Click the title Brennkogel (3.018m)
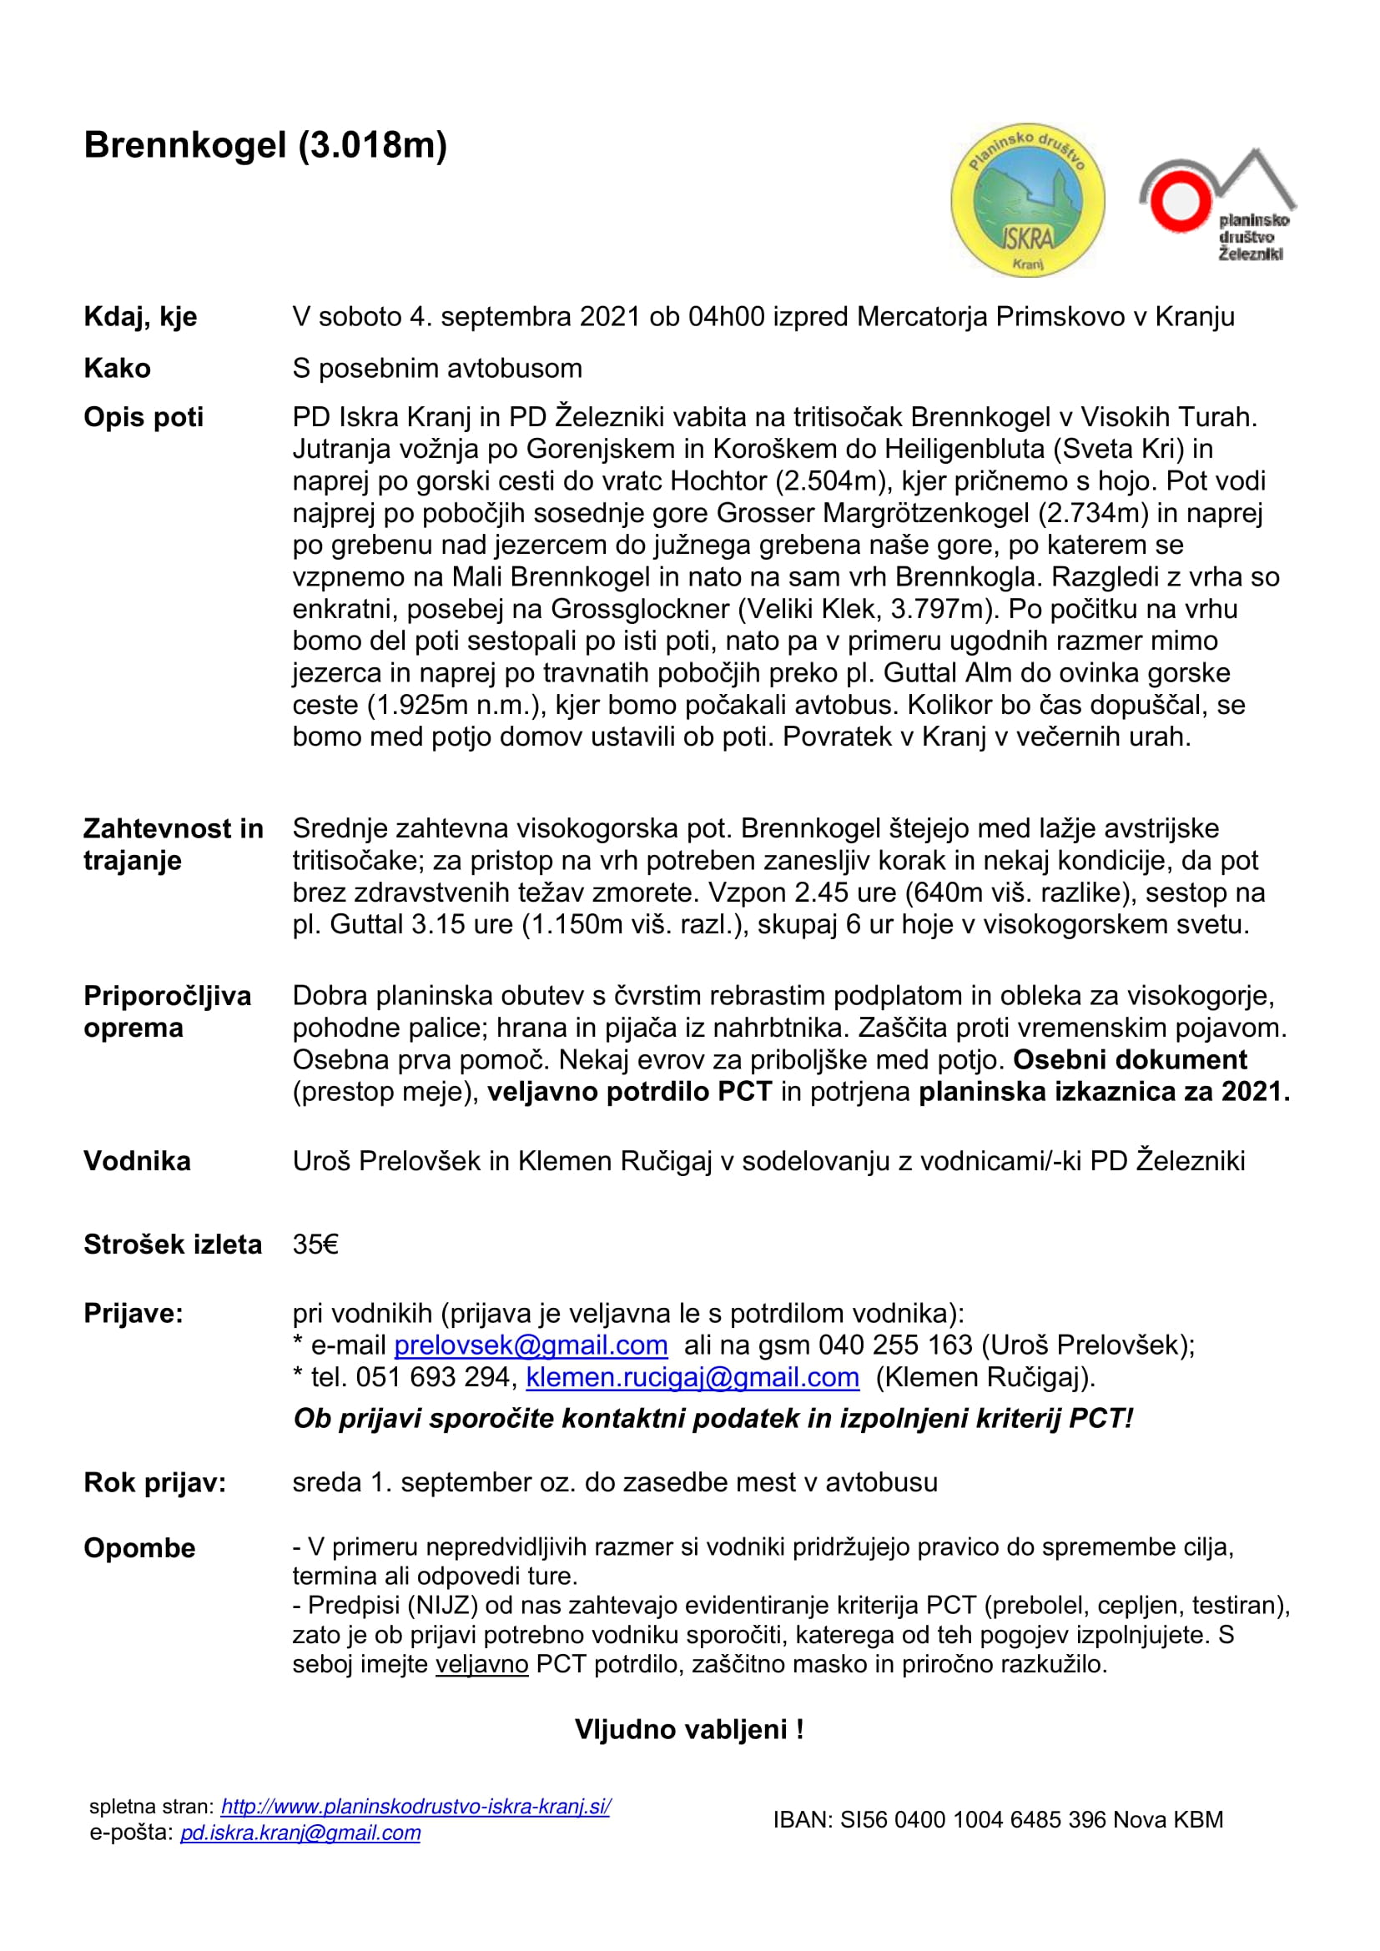tap(265, 145)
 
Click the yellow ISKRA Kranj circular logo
tap(1027, 200)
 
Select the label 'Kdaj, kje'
tap(140, 317)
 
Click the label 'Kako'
tap(118, 368)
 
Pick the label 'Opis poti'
tap(144, 417)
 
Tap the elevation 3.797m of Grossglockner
tap(931, 608)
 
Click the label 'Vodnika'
tap(137, 1161)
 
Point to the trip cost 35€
tap(315, 1244)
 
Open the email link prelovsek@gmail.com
tap(531, 1345)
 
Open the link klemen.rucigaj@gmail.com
tap(693, 1376)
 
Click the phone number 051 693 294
tap(433, 1376)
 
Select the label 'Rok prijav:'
tap(154, 1482)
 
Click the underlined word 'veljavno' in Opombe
tap(481, 1663)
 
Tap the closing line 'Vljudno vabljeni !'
tap(689, 1729)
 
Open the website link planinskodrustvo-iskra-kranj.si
tap(416, 1807)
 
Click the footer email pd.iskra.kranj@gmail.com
tap(300, 1833)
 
